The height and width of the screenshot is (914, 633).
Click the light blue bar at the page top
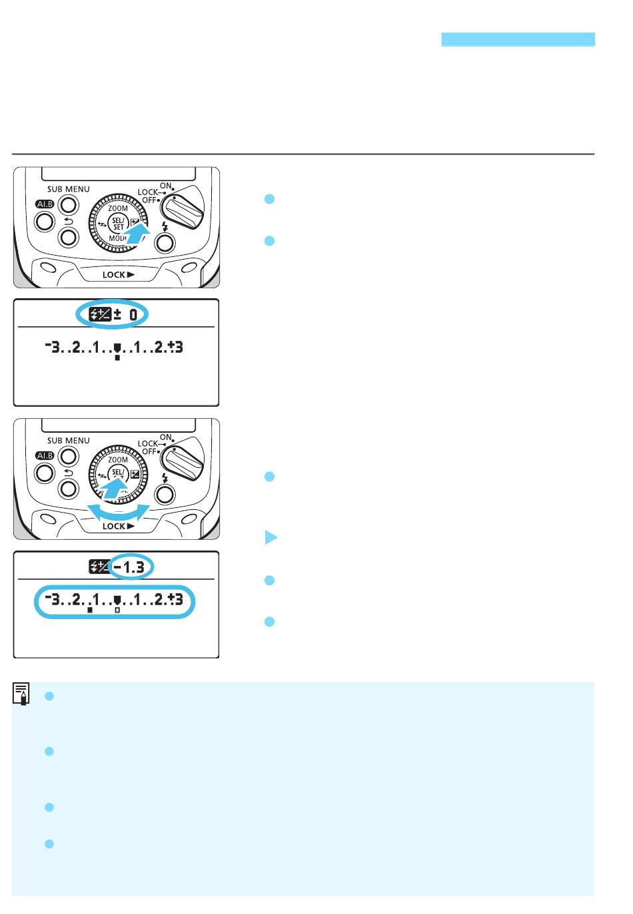tap(518, 39)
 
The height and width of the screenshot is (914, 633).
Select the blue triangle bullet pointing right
tap(271, 537)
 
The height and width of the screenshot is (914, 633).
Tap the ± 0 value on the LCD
tap(129, 314)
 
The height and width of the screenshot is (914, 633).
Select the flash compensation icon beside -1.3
tap(98, 567)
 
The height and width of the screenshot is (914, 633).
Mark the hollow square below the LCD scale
tap(117, 609)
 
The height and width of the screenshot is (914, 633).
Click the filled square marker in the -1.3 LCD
tap(90, 609)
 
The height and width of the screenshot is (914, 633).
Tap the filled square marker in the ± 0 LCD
tap(117, 357)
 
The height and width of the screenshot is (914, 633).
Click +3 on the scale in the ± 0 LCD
tap(176, 347)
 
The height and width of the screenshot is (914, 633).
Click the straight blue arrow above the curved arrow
tap(114, 489)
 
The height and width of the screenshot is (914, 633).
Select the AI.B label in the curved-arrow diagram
tap(44, 455)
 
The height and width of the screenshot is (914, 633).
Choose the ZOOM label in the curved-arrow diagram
tap(118, 460)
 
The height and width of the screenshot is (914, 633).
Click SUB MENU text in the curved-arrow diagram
tap(68, 441)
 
